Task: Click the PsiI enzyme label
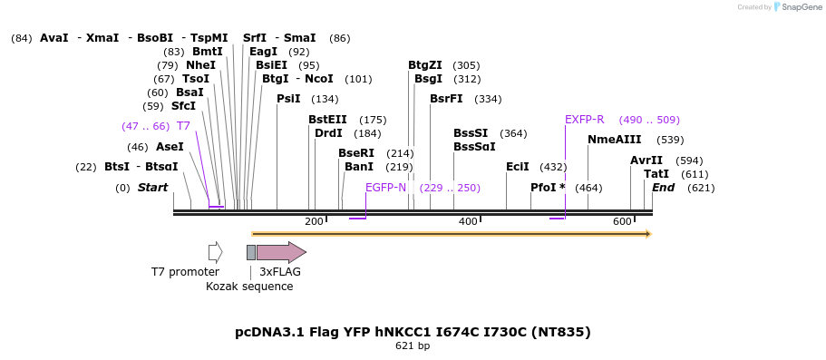[x=288, y=99]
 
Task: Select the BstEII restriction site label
[x=327, y=120]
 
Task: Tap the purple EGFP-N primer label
[x=385, y=188]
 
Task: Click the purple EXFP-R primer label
[x=584, y=120]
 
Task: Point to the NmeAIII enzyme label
[x=614, y=140]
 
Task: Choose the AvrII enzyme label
[x=646, y=161]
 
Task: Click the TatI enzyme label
[x=656, y=174]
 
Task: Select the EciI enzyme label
[x=518, y=167]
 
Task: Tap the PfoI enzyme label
[x=548, y=188]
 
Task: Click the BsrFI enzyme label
[x=446, y=99]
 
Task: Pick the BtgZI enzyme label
[x=425, y=65]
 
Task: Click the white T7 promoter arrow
[x=215, y=252]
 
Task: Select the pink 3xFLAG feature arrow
[x=281, y=252]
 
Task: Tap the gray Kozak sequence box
[x=251, y=252]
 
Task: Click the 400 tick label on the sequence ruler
[x=468, y=222]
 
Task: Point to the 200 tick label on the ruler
[x=314, y=222]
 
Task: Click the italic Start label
[x=152, y=188]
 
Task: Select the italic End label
[x=663, y=188]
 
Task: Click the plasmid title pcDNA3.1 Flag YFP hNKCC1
[x=413, y=332]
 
